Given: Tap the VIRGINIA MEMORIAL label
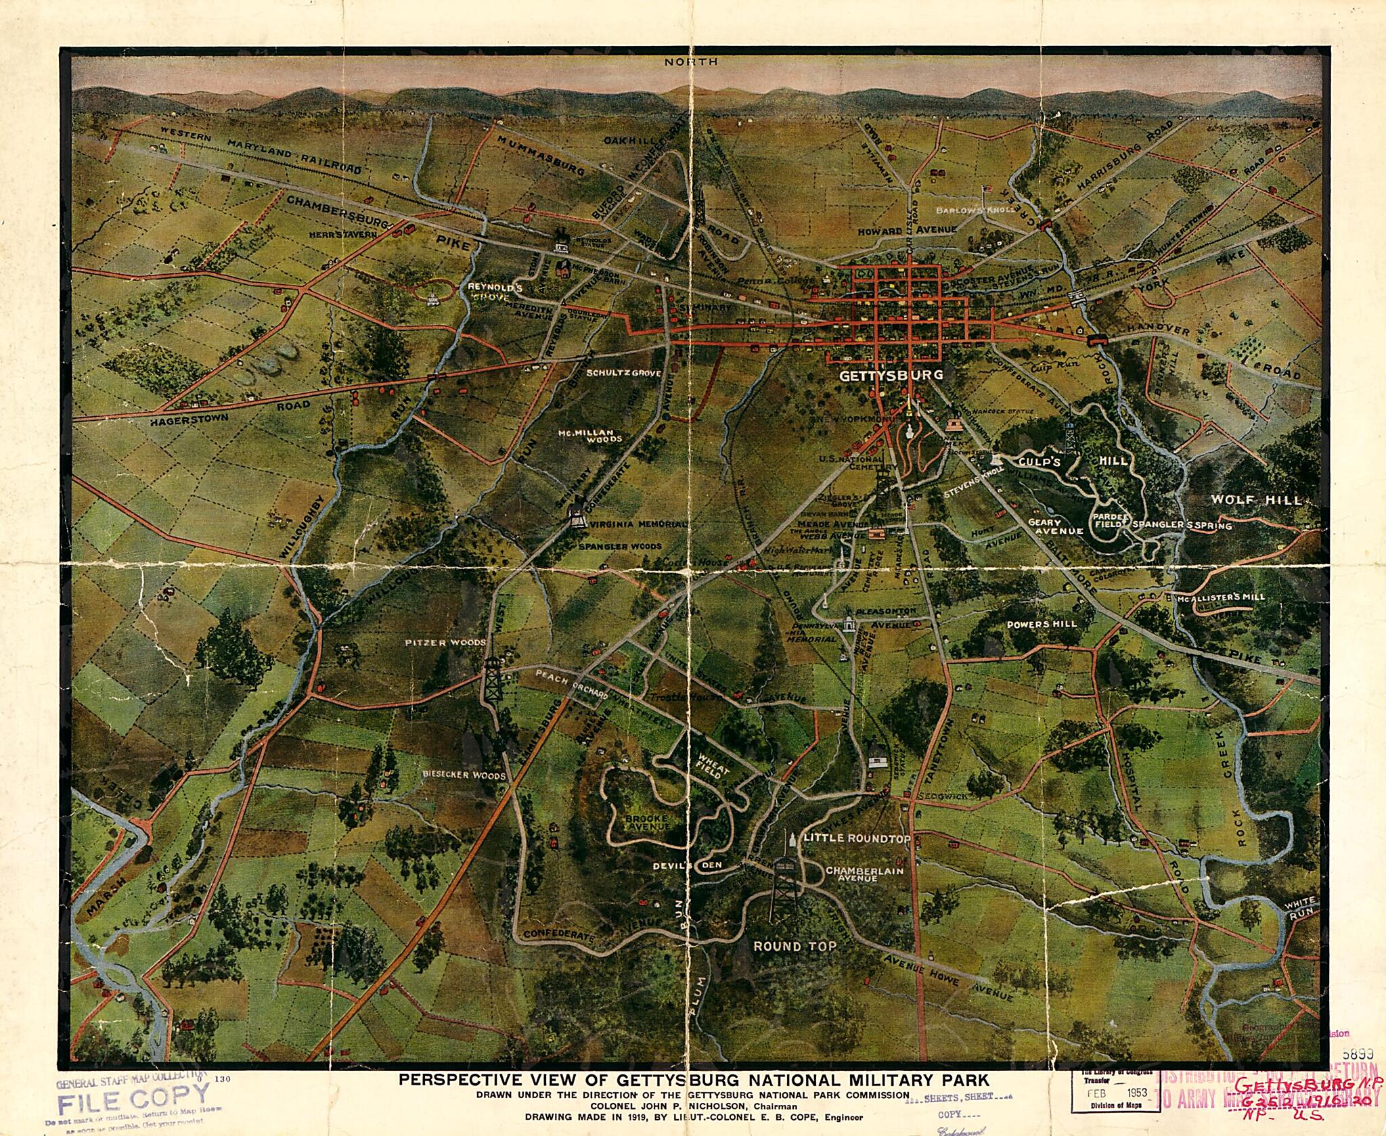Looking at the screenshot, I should (x=638, y=524).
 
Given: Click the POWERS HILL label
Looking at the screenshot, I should (x=1040, y=624).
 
